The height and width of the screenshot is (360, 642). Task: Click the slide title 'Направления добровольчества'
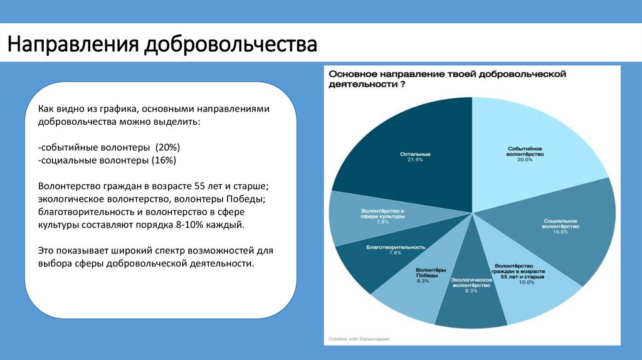(162, 46)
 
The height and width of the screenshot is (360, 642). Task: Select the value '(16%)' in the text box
(163, 160)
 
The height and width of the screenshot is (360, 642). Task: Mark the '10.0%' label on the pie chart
(526, 282)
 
